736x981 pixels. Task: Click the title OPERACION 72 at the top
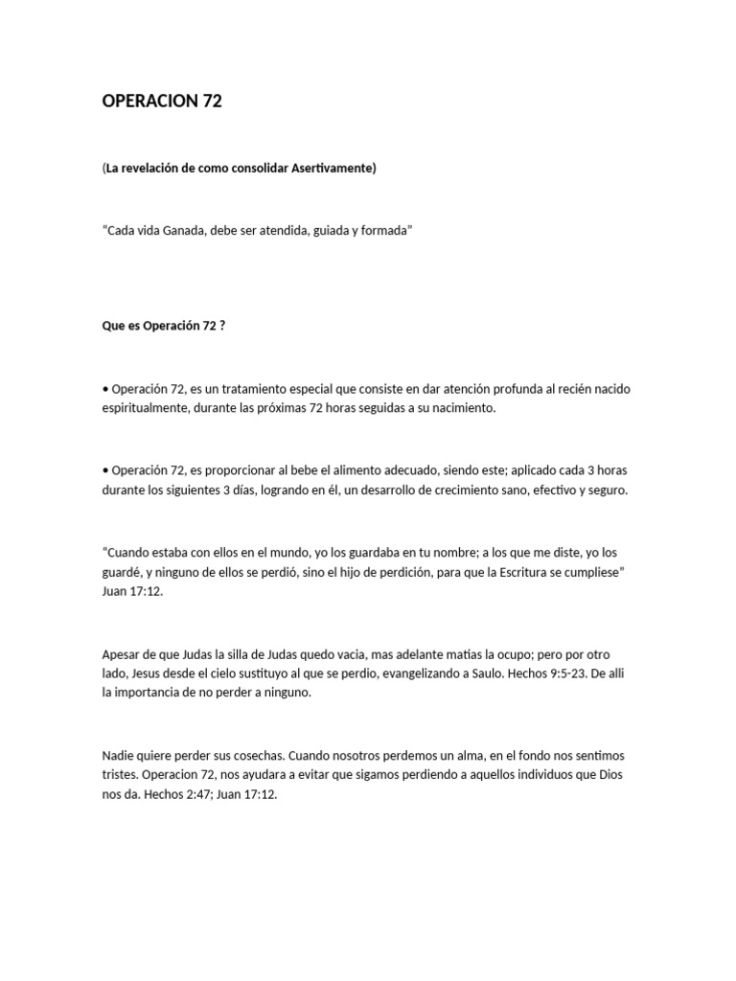[161, 101]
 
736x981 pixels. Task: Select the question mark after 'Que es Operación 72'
[221, 326]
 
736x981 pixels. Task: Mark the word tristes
[121, 774]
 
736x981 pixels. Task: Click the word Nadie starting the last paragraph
[119, 756]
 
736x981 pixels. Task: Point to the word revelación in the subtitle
[154, 169]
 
